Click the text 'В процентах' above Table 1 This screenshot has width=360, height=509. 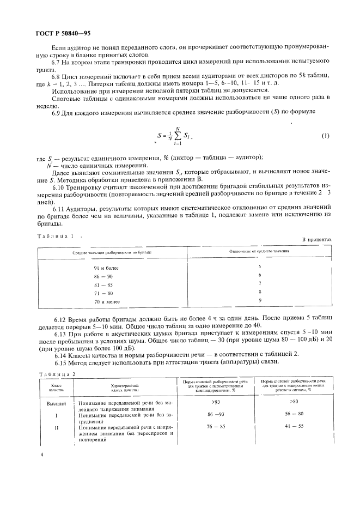click(x=316, y=240)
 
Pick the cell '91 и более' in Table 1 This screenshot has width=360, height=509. click(x=106, y=268)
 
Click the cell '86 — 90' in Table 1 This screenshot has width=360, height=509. click(x=103, y=277)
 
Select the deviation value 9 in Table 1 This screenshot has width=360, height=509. click(x=260, y=300)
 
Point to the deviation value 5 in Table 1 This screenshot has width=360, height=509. click(x=260, y=266)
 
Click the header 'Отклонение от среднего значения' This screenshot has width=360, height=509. click(x=259, y=252)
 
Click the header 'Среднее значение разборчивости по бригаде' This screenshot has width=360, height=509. click(x=112, y=253)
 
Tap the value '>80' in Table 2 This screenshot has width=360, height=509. click(x=294, y=402)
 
